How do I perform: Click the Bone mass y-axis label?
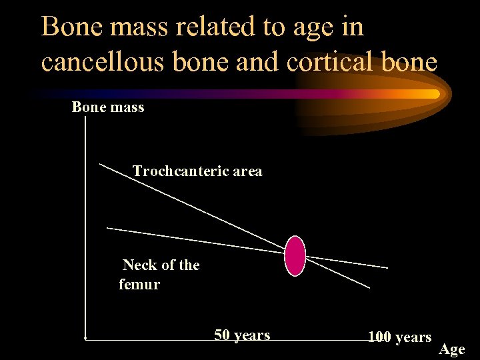pyautogui.click(x=108, y=107)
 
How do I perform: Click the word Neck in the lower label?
pyautogui.click(x=139, y=265)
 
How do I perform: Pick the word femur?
pyautogui.click(x=139, y=285)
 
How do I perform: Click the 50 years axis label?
pyautogui.click(x=242, y=335)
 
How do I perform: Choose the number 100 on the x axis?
pyautogui.click(x=379, y=337)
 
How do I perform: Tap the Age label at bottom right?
pyautogui.click(x=451, y=349)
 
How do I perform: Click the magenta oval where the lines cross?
pyautogui.click(x=295, y=255)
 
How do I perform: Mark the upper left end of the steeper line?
pyautogui.click(x=100, y=163)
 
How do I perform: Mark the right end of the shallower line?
pyautogui.click(x=387, y=267)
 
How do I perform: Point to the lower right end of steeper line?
pyautogui.click(x=369, y=288)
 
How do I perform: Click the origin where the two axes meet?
pyautogui.click(x=86, y=339)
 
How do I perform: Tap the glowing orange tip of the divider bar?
pyautogui.click(x=434, y=94)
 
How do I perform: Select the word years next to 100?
pyautogui.click(x=413, y=337)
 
